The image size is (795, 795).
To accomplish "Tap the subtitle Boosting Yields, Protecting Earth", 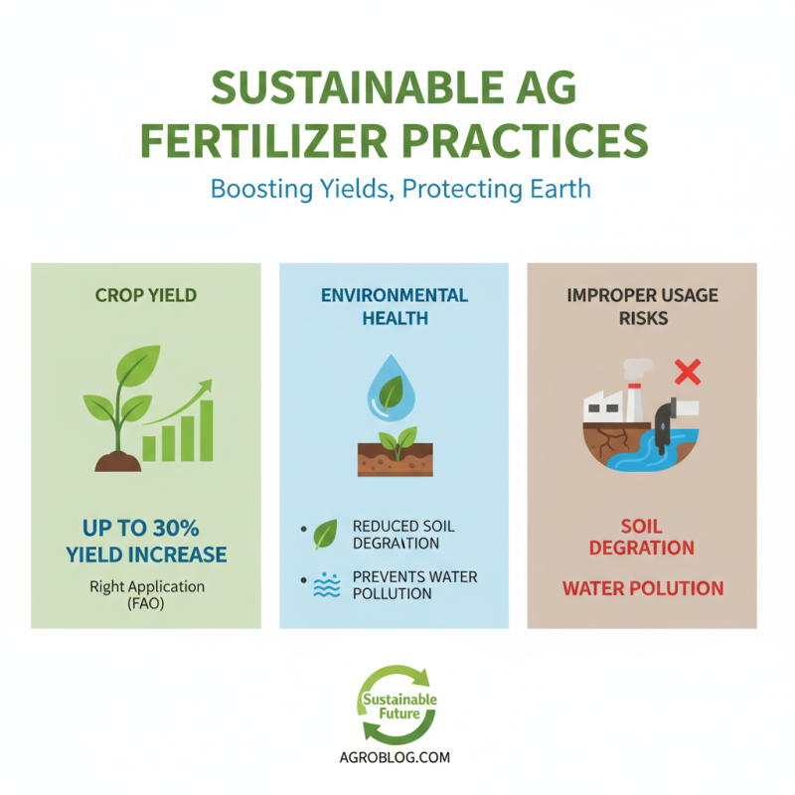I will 397,189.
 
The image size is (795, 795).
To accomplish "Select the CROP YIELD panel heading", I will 146,295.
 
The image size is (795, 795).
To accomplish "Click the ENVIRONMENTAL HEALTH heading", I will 395,306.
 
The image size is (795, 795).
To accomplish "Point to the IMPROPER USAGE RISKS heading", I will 641,306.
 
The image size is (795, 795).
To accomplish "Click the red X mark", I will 688,373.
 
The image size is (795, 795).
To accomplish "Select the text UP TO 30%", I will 147,528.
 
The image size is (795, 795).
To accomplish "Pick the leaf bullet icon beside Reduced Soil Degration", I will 325,535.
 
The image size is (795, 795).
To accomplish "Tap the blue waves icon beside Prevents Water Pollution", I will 326,585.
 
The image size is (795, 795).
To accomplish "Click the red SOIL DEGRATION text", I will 641,537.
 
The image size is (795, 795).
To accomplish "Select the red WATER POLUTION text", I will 642,588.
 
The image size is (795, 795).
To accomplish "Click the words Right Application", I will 146,586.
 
